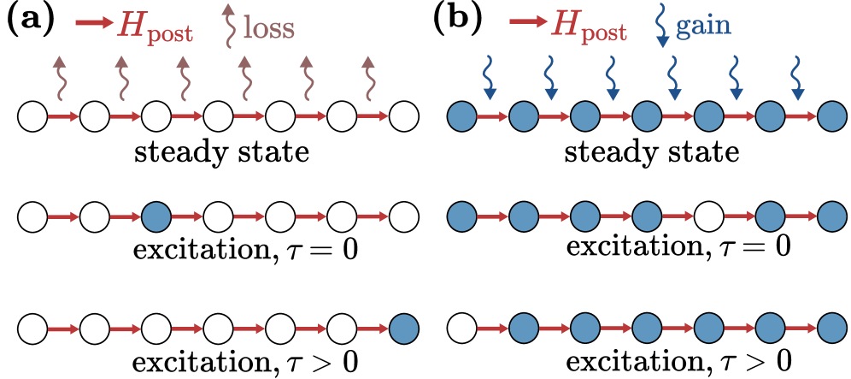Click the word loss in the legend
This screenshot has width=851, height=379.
pos(269,27)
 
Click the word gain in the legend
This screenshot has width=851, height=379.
pos(703,26)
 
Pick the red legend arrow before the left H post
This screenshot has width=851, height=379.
pos(94,23)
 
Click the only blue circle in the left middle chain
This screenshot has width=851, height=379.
pos(156,217)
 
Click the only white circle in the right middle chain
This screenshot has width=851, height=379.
pos(708,217)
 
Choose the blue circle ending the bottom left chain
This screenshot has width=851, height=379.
pos(404,329)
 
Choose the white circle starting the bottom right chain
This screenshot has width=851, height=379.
pos(461,329)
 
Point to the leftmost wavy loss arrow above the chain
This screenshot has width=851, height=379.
pos(59,79)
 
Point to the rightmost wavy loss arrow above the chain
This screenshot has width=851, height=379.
pos(368,79)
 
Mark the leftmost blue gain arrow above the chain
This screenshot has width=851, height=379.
pos(490,78)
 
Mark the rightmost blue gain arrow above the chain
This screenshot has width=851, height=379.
pos(798,78)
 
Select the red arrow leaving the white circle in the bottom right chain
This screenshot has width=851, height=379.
pos(492,329)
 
